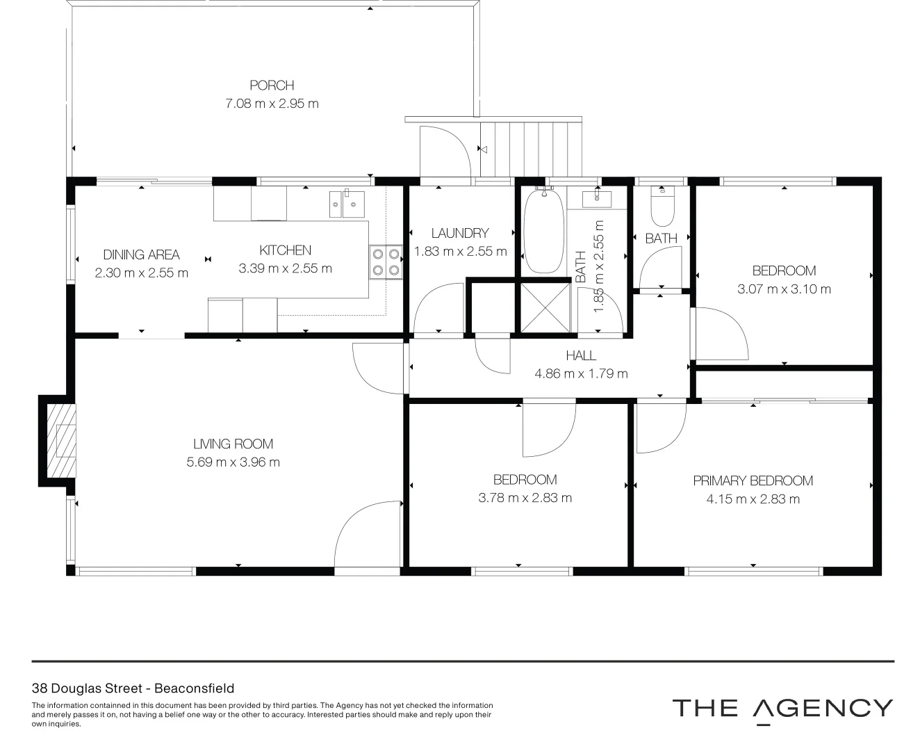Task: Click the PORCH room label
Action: [x=272, y=86]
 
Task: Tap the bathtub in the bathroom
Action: [x=544, y=232]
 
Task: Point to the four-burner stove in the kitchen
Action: [x=386, y=261]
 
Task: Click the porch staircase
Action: [x=530, y=148]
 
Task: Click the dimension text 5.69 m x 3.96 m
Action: [x=233, y=462]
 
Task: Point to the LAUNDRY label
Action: [x=459, y=234]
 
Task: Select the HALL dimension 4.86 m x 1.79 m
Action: [x=581, y=373]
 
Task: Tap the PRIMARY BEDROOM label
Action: [x=753, y=481]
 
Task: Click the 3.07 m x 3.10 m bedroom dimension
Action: [x=784, y=289]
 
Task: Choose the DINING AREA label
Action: [x=141, y=255]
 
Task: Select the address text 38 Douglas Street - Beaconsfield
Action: [x=133, y=688]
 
